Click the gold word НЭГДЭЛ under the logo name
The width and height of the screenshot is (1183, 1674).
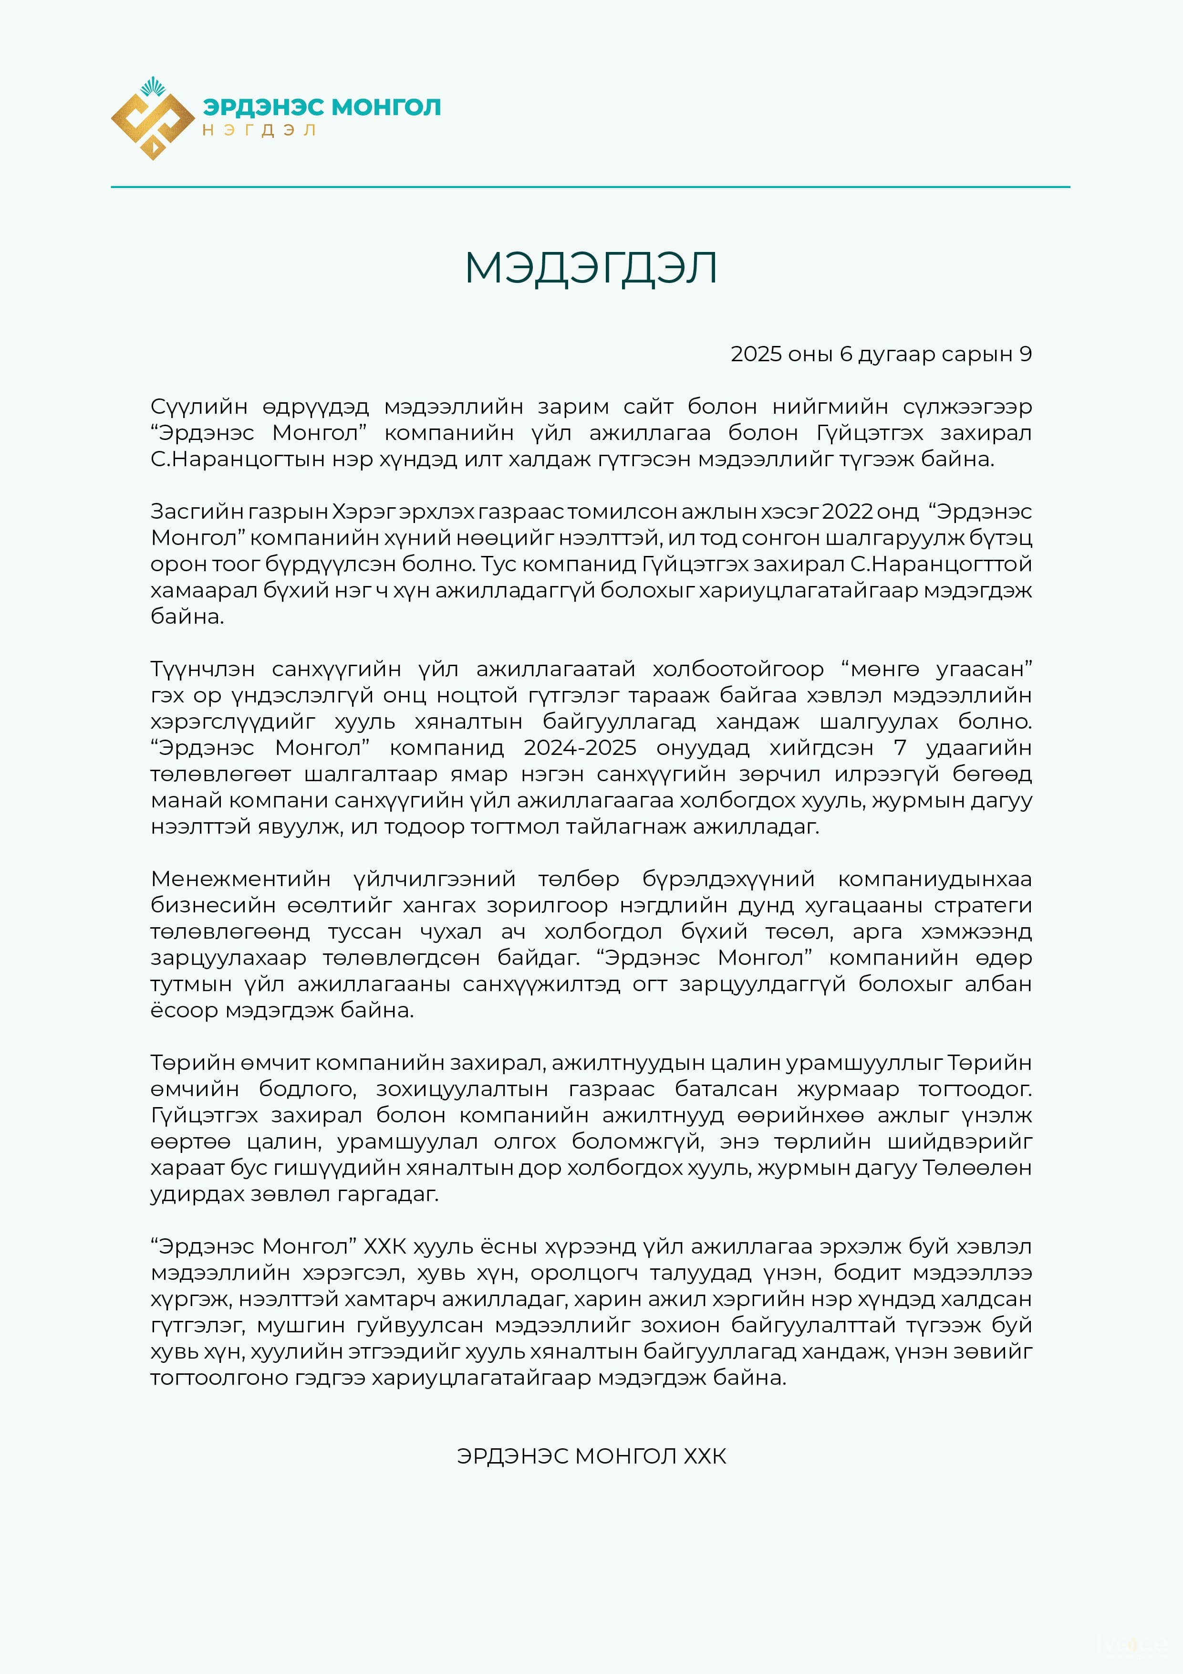pyautogui.click(x=259, y=130)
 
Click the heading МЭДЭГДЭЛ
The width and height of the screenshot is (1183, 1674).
pyautogui.click(x=591, y=268)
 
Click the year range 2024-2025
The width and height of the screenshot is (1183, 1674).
pyautogui.click(x=580, y=748)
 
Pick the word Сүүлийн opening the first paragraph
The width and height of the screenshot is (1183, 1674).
pyautogui.click(x=199, y=407)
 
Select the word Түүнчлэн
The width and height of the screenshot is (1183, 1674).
pyautogui.click(x=203, y=670)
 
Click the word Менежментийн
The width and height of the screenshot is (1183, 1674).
pyautogui.click(x=240, y=879)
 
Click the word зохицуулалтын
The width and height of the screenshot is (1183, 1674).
pyautogui.click(x=462, y=1089)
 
